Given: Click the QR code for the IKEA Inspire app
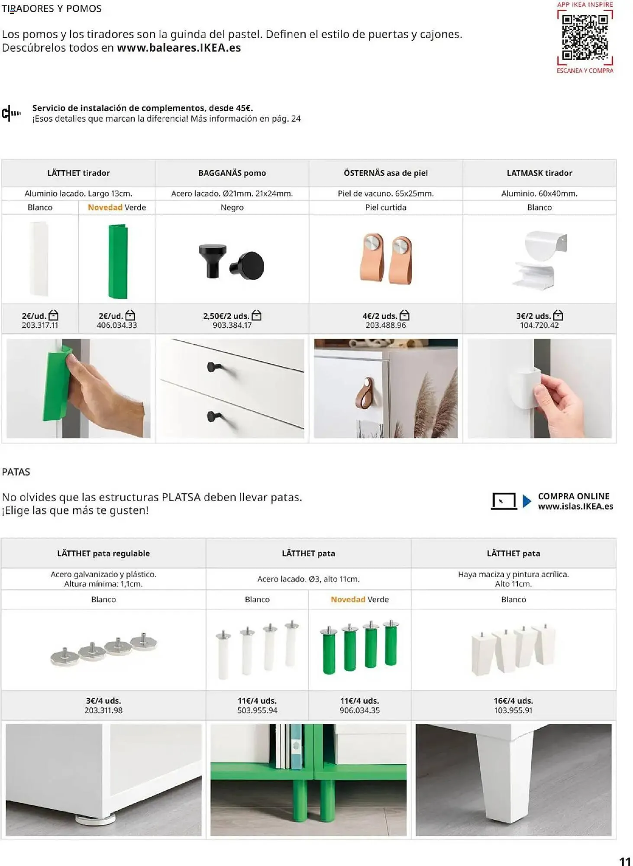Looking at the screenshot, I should [x=585, y=38].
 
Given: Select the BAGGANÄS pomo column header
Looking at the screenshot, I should [x=232, y=173].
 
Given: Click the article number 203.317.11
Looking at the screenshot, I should [x=40, y=325].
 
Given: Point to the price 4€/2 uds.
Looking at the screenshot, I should [x=380, y=316].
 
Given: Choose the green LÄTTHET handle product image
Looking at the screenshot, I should [x=117, y=261].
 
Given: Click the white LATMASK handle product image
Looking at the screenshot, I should [x=540, y=260].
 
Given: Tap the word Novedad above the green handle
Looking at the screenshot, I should [x=105, y=207].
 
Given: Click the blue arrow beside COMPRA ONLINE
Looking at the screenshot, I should [x=526, y=501].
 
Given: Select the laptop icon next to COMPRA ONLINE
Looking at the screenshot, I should [x=504, y=501].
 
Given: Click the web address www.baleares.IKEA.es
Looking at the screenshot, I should [x=179, y=48].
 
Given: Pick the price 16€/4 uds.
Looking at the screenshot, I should [x=513, y=701].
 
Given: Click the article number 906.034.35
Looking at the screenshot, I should [x=359, y=711].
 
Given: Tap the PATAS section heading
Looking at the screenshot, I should [x=16, y=472].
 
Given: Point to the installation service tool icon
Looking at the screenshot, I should [x=11, y=113].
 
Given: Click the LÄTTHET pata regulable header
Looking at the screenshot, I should [x=103, y=553].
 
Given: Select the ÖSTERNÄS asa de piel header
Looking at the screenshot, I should [x=385, y=173].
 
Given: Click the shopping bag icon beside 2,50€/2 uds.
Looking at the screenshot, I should [x=257, y=315].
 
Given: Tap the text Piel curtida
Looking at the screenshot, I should [x=385, y=207].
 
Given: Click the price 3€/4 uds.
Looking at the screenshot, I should [x=103, y=701].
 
